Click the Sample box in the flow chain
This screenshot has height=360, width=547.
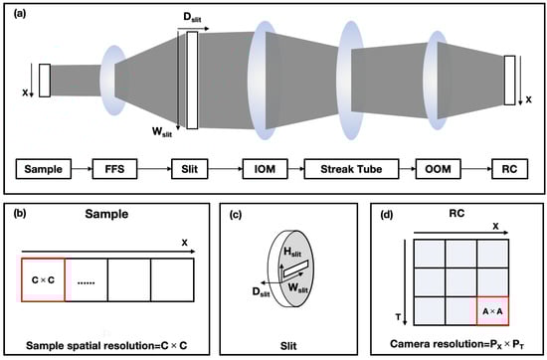click(x=44, y=169)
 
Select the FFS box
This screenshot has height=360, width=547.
click(x=114, y=169)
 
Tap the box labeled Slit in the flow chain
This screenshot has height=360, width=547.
click(x=190, y=169)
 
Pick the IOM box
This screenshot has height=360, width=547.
click(x=266, y=169)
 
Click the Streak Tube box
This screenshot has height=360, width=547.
click(x=351, y=169)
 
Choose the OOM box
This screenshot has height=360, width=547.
click(x=439, y=169)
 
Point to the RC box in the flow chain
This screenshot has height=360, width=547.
click(x=509, y=169)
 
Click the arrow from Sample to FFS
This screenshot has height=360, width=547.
click(x=82, y=169)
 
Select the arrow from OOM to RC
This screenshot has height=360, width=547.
click(x=476, y=169)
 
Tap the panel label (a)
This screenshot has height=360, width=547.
click(x=20, y=13)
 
